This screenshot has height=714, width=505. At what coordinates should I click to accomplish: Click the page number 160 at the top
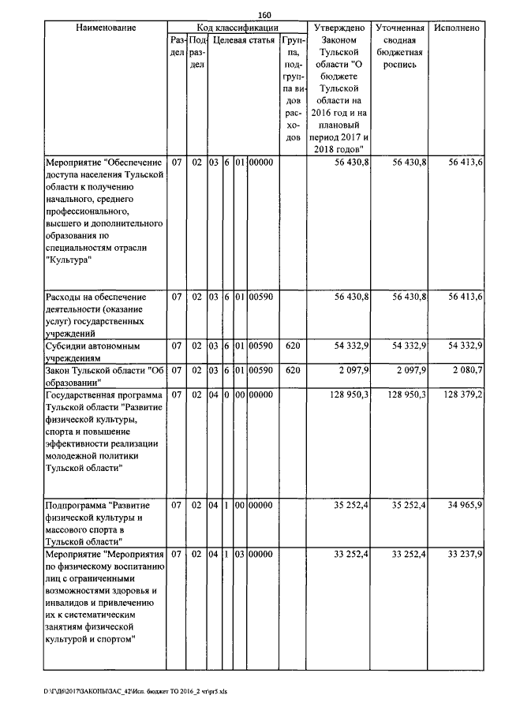click(264, 14)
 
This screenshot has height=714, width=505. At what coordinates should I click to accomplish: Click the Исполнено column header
click(456, 28)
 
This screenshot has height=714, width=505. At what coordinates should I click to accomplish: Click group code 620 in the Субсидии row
click(292, 346)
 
